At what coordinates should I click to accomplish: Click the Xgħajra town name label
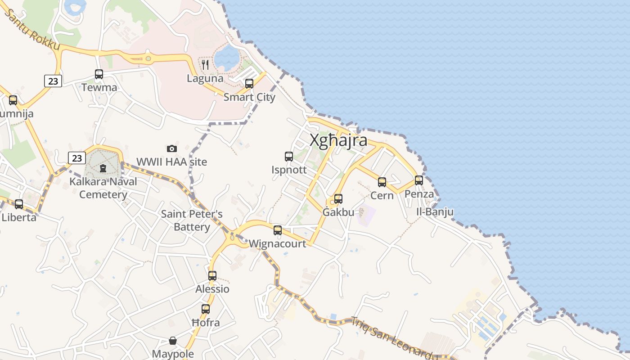coord(338,140)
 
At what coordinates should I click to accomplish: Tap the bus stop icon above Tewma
coord(99,74)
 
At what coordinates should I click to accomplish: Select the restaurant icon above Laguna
coord(205,65)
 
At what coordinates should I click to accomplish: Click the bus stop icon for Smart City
coord(249,84)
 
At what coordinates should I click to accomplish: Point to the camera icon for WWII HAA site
coord(172,148)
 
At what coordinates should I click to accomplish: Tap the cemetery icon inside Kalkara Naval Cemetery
coord(103,169)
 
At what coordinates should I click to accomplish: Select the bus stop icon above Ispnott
coord(289,157)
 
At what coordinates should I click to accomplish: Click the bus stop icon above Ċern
coord(382,182)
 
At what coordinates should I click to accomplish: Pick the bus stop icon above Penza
coord(419,180)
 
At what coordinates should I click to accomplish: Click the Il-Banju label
coord(435,211)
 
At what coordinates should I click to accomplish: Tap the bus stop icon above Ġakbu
coord(338,199)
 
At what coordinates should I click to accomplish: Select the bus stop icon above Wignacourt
coord(278,230)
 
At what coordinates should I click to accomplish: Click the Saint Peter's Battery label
coord(192,220)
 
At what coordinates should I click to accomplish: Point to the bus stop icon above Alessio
coord(212,276)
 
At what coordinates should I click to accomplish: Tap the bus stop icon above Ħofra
coord(206,309)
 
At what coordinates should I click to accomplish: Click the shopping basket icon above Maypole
coord(173,341)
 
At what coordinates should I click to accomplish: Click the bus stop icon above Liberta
coord(19,204)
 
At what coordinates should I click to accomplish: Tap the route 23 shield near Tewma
coord(53,81)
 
